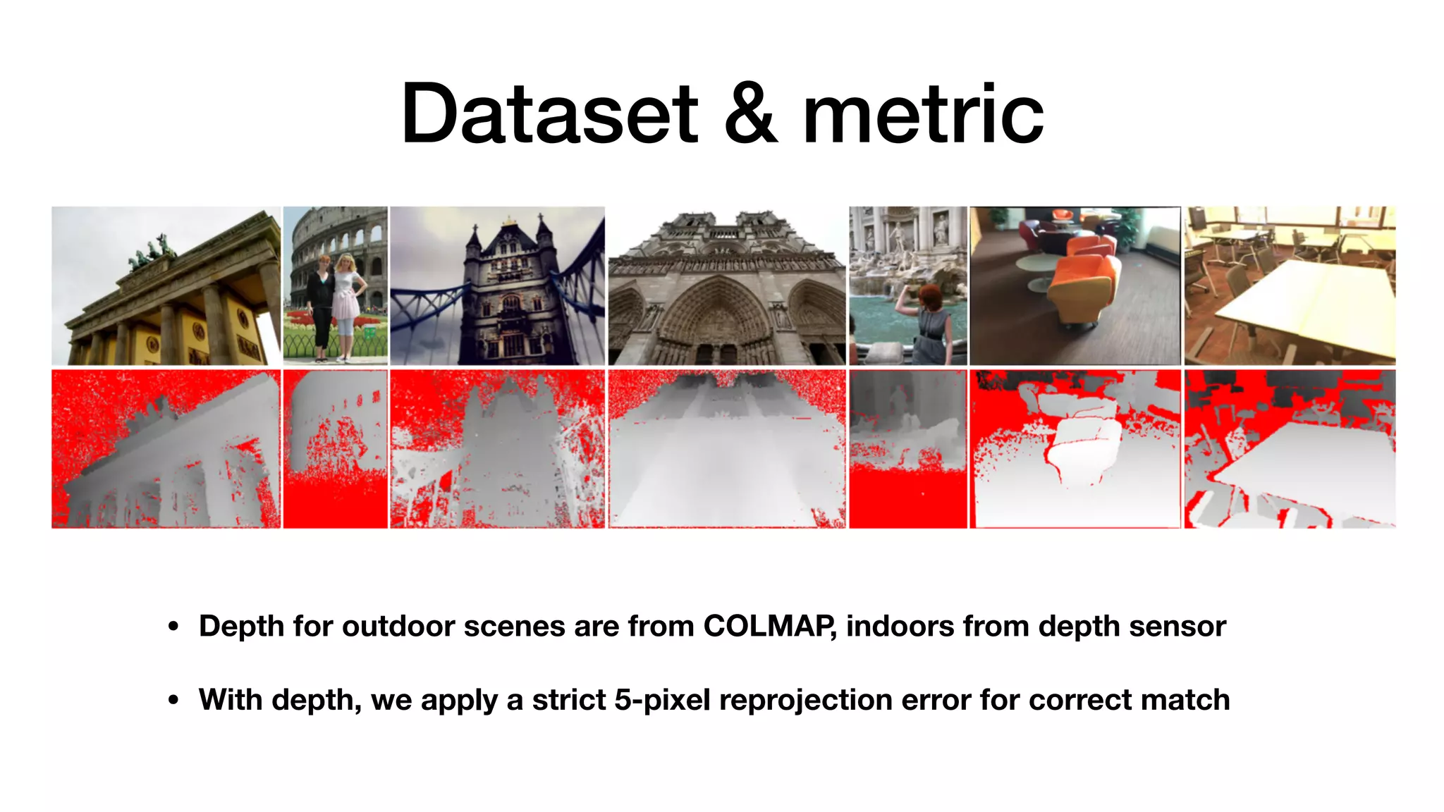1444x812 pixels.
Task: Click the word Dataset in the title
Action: [550, 114]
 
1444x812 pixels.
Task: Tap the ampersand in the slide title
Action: [751, 114]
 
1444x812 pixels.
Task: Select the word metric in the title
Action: [924, 114]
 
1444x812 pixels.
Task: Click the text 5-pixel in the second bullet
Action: [661, 700]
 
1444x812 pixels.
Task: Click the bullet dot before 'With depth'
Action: [173, 701]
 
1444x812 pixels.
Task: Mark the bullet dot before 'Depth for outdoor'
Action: [173, 627]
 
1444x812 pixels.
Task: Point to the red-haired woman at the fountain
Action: [931, 317]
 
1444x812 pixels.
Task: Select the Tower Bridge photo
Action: [497, 285]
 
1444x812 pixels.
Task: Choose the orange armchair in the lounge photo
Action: [1079, 282]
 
